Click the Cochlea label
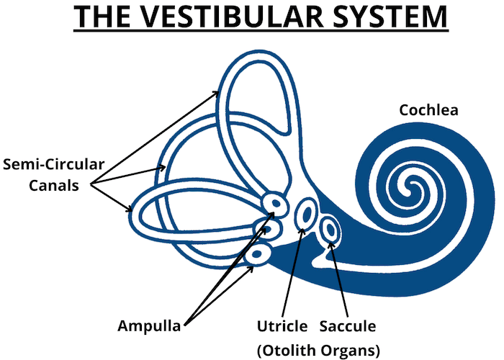429,111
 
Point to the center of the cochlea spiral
413,191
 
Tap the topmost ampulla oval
274,204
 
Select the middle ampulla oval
268,230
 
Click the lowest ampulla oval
257,254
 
